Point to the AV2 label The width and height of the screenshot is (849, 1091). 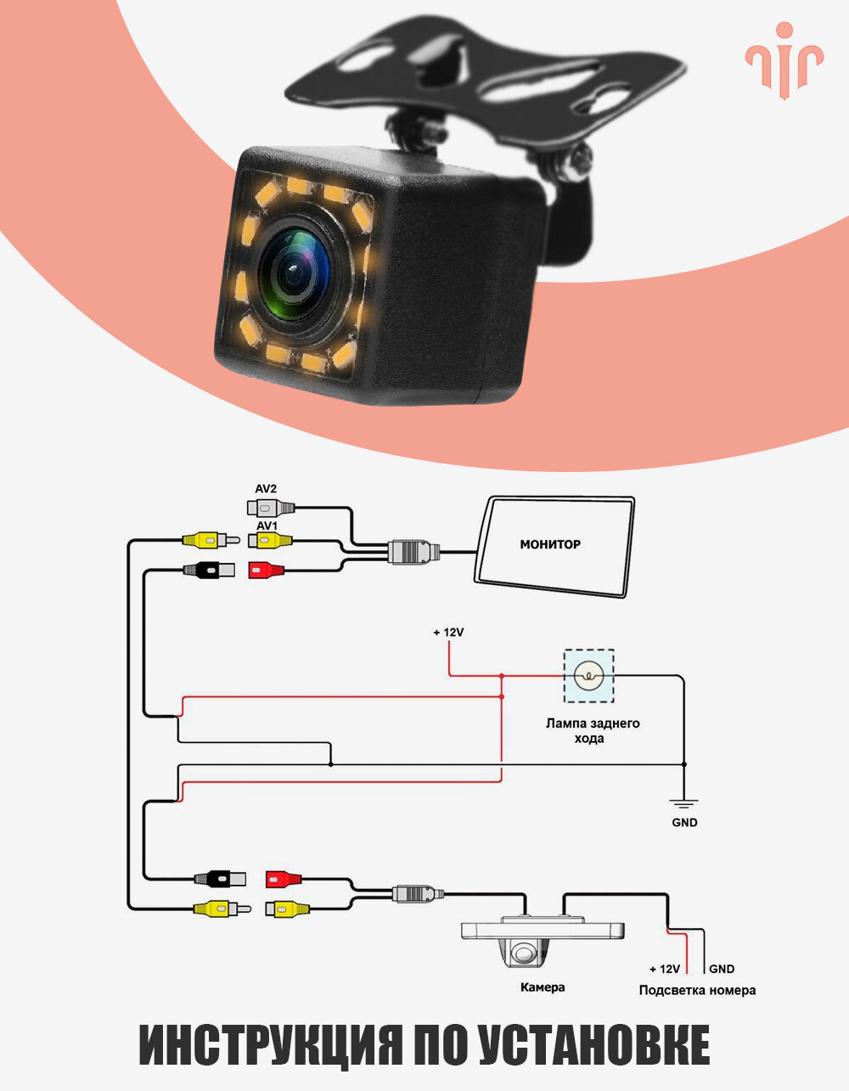(266, 489)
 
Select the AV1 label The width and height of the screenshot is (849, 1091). (266, 526)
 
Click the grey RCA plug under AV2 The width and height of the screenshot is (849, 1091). (270, 509)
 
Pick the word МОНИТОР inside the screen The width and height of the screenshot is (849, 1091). (550, 544)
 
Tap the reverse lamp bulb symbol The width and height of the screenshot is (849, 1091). (588, 676)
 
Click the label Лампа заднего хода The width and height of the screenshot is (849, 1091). (592, 731)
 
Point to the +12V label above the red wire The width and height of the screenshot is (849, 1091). (447, 633)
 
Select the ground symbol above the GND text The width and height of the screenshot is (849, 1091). (683, 801)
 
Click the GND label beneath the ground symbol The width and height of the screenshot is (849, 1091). (684, 823)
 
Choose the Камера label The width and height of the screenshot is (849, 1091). (542, 987)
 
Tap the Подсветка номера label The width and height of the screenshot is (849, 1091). (697, 990)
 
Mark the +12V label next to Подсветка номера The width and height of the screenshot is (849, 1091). (665, 969)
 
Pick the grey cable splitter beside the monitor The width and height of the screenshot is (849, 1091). (413, 552)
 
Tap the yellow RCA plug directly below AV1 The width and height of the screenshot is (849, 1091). (270, 540)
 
